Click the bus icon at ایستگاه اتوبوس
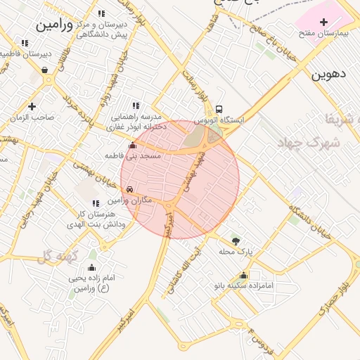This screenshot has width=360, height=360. [219, 110]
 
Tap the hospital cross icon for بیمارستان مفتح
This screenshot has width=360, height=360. [323, 22]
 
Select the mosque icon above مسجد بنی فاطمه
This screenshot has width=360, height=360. [132, 146]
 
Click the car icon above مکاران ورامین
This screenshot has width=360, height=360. [130, 190]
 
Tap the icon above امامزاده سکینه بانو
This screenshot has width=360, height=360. [243, 275]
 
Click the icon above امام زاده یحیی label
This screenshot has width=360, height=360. [91, 267]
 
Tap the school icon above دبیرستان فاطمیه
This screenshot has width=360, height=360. [25, 43]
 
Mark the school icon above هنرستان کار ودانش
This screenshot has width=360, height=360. [96, 203]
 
